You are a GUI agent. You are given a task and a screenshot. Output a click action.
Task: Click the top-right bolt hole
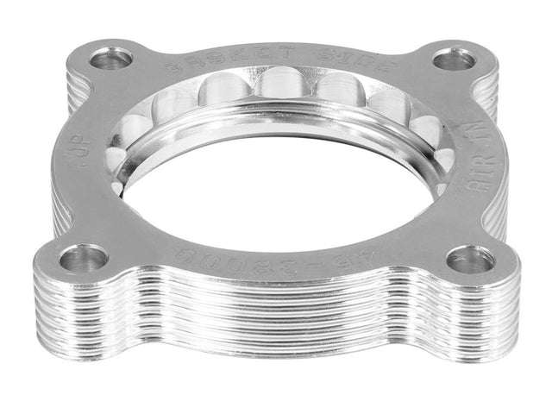[454, 60]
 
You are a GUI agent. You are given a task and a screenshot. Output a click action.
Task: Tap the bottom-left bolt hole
[84, 257]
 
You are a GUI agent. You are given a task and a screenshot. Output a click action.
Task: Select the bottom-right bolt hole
[470, 260]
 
